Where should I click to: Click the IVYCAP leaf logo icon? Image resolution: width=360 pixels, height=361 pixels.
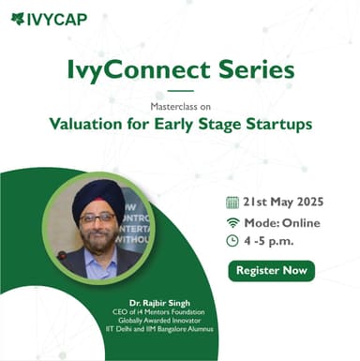tap(18, 18)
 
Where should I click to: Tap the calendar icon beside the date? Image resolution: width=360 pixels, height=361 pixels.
tap(232, 202)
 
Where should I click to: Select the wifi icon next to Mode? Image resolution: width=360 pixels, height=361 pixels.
tap(232, 222)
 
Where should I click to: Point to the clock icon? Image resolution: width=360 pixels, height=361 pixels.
tap(232, 241)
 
